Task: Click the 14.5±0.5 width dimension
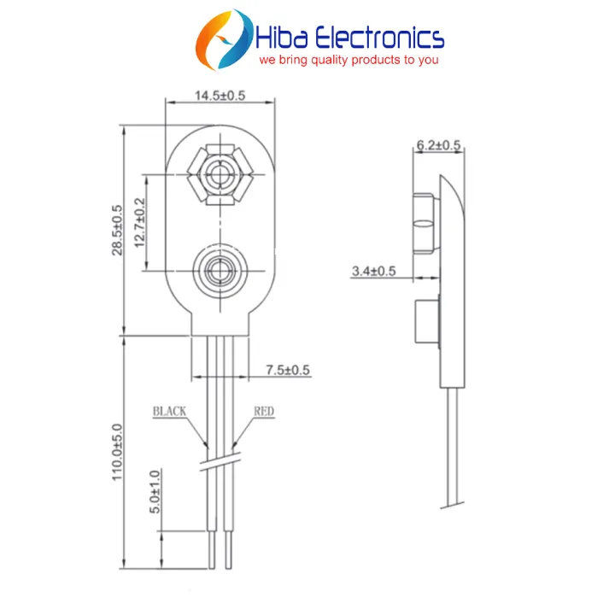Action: pos(220,95)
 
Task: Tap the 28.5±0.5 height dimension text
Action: pos(118,229)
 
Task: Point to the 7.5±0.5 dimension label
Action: pos(288,370)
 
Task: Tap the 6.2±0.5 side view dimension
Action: pos(438,146)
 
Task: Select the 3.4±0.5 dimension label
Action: pos(373,271)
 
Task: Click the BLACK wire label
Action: pos(169,412)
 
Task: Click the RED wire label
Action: pos(264,412)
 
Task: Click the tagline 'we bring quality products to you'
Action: pos(348,61)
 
